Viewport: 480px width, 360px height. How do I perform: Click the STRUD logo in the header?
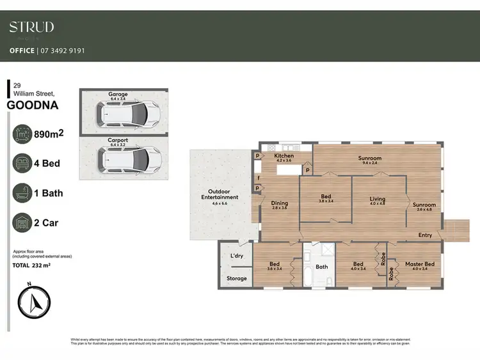[x=31, y=27]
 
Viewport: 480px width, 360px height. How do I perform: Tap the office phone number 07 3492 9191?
[x=61, y=51]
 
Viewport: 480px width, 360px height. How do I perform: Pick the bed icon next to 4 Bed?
[x=23, y=163]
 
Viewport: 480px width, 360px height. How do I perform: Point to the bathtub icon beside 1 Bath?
[x=23, y=192]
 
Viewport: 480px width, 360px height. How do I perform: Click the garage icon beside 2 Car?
[x=23, y=223]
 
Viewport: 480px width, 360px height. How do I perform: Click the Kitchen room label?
[x=284, y=155]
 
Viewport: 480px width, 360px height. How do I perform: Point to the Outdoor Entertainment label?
[x=220, y=194]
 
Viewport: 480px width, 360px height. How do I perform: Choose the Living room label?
[x=378, y=200]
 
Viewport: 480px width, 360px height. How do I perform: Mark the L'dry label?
[x=237, y=256]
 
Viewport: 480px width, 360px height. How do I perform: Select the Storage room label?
[x=236, y=278]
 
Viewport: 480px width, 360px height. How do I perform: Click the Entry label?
[x=425, y=235]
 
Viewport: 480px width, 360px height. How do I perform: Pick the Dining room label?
[x=279, y=203]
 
